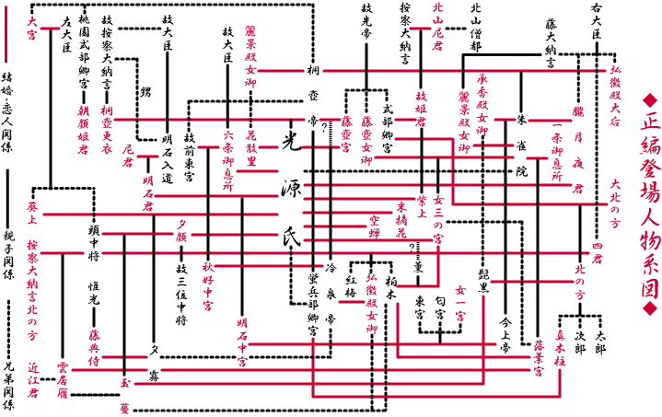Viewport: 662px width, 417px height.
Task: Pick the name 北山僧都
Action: [x=476, y=28]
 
